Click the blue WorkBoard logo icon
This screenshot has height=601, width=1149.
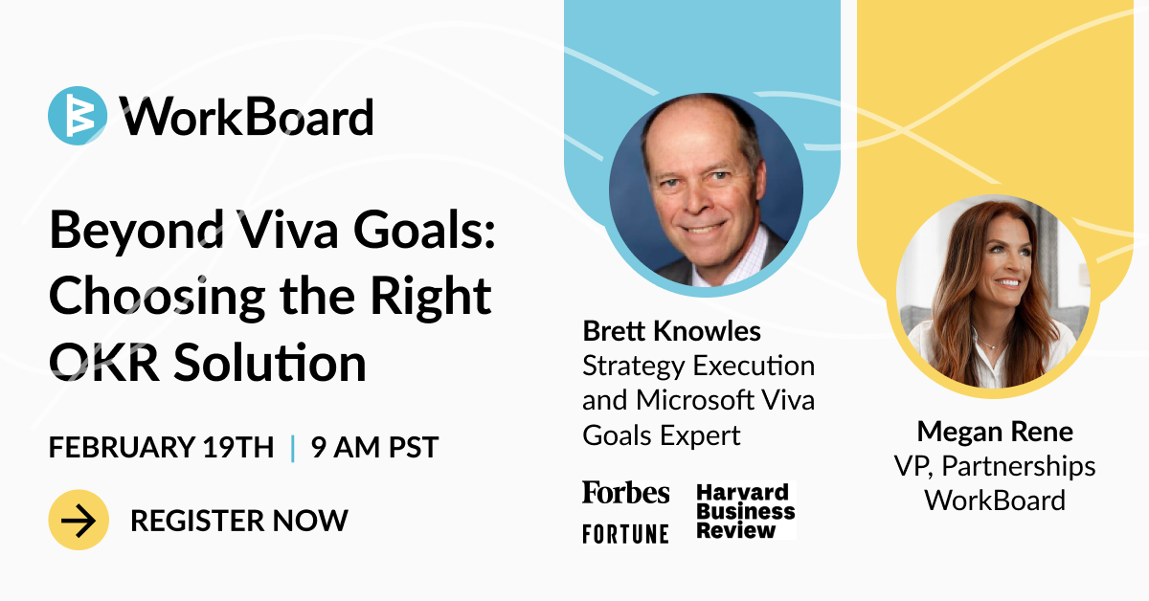(x=78, y=116)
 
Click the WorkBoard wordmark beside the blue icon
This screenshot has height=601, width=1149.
(x=247, y=117)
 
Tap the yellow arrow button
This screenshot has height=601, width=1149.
(x=79, y=520)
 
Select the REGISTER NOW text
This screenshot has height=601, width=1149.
(x=239, y=521)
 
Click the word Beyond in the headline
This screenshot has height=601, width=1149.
(x=137, y=232)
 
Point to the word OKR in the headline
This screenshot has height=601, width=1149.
(x=103, y=363)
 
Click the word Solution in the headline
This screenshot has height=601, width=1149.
(x=270, y=362)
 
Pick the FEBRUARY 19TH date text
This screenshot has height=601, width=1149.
(x=161, y=447)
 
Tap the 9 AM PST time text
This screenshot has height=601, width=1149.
(x=374, y=447)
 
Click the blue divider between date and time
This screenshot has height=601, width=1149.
(x=292, y=448)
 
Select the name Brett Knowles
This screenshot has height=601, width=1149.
(x=671, y=331)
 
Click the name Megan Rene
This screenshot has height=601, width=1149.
(x=995, y=432)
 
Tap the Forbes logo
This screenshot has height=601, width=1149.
(x=626, y=492)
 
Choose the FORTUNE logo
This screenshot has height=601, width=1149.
(x=626, y=534)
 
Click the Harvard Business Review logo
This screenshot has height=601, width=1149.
(x=745, y=511)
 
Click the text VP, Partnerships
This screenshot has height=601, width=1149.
(x=995, y=467)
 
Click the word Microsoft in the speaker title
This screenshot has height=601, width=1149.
(x=695, y=400)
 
